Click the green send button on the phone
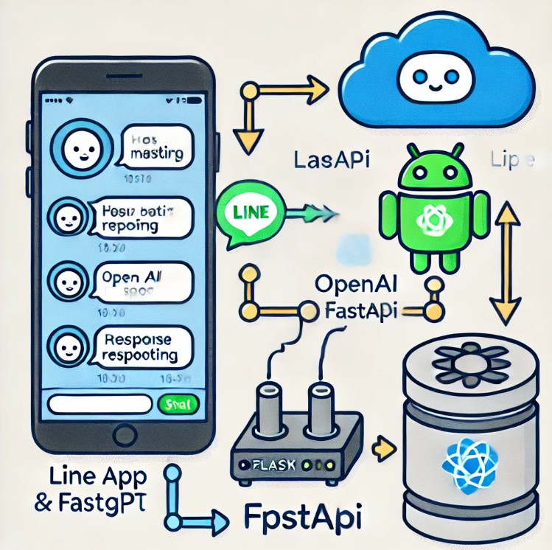pyautogui.click(x=177, y=404)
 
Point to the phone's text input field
pyautogui.click(x=101, y=405)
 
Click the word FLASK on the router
pyautogui.click(x=266, y=465)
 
